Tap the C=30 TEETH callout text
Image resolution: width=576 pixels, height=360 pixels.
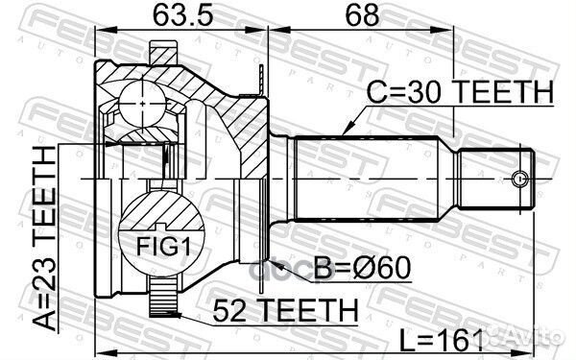tap(459, 92)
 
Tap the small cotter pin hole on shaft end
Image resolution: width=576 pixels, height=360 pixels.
tap(519, 179)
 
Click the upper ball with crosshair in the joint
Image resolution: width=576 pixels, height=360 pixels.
tap(142, 98)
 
